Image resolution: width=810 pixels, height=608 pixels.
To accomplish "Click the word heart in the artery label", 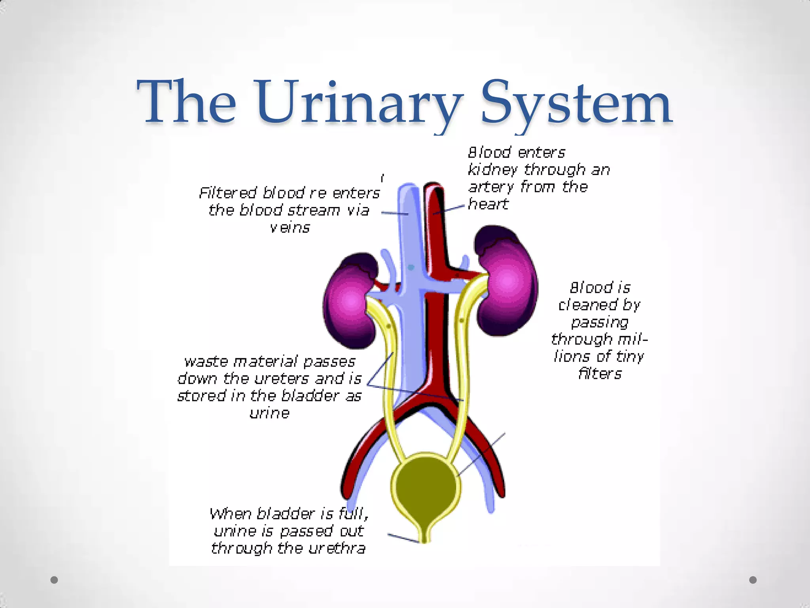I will tap(488, 204).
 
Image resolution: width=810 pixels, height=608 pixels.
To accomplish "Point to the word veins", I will tap(290, 228).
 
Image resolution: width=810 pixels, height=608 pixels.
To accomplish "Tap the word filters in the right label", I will tap(600, 374).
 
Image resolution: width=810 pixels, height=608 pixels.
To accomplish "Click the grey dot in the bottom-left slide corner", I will tap(54, 580).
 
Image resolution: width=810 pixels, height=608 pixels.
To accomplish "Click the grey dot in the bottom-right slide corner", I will tap(753, 580).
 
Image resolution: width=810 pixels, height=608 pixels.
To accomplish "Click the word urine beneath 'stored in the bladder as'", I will tap(269, 413).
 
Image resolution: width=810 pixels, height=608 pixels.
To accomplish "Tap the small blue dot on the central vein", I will tap(411, 268).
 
